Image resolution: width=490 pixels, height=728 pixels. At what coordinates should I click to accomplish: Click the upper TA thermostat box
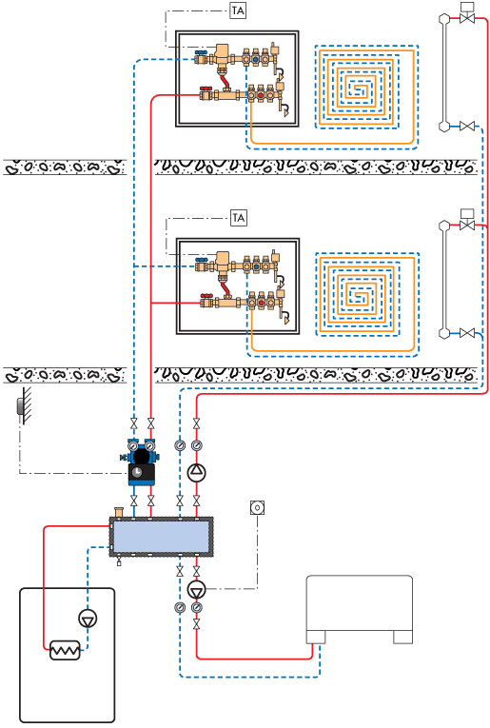[238, 10]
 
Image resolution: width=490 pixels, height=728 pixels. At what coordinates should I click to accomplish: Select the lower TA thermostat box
[239, 218]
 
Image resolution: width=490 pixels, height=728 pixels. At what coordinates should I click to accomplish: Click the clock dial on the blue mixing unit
[137, 472]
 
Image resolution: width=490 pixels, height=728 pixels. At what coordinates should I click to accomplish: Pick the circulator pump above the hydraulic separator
[196, 472]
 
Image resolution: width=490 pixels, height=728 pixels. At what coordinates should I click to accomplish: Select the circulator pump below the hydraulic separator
[196, 590]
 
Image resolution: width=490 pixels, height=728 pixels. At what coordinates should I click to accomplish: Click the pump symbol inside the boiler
[88, 619]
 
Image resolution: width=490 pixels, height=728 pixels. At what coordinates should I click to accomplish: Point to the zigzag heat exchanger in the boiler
[65, 650]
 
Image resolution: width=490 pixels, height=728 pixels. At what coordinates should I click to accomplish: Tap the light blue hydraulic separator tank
[161, 537]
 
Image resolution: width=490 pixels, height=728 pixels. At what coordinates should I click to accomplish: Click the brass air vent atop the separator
[119, 512]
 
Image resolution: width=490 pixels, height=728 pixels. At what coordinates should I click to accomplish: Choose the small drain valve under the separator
[119, 562]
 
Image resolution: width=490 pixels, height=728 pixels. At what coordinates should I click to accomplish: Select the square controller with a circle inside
[257, 507]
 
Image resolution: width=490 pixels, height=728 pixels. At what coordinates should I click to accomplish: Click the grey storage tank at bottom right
[360, 609]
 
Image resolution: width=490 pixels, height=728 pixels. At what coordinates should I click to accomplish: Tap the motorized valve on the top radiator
[467, 14]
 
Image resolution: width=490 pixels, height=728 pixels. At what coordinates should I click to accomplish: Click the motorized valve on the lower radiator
[467, 221]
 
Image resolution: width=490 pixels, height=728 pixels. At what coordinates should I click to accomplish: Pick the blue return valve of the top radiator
[467, 126]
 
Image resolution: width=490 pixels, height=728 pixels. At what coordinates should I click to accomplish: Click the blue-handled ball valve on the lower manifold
[202, 265]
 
